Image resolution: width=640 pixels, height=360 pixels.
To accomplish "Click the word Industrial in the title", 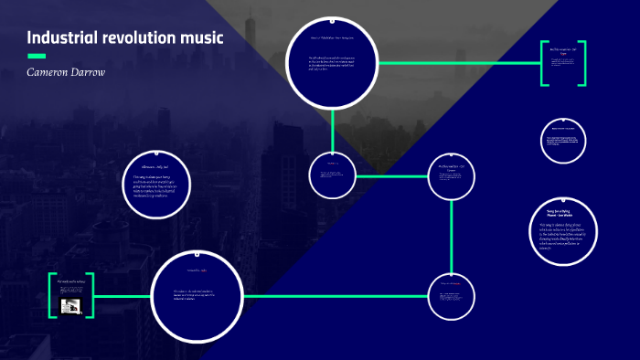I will click(61, 38).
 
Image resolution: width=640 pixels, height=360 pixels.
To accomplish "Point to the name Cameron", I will click(52, 71).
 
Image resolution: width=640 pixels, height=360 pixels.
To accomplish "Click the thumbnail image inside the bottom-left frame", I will click(69, 306).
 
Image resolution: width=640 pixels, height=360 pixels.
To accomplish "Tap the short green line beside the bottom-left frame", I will click(121, 296).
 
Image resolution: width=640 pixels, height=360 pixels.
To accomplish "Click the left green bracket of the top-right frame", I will click(541, 63).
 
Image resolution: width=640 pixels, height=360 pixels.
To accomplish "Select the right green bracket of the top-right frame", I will click(583, 63).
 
